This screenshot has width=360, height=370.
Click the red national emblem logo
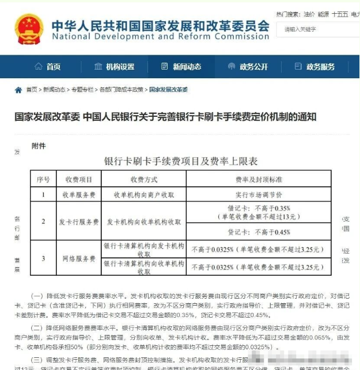tap(29, 29)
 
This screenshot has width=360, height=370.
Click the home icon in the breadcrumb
tap(19, 90)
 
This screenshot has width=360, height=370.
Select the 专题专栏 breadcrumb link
tap(82, 90)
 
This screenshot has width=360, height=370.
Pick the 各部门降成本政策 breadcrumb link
tap(121, 90)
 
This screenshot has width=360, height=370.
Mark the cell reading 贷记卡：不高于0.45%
tap(259, 232)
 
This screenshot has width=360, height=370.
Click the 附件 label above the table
tap(39, 146)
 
